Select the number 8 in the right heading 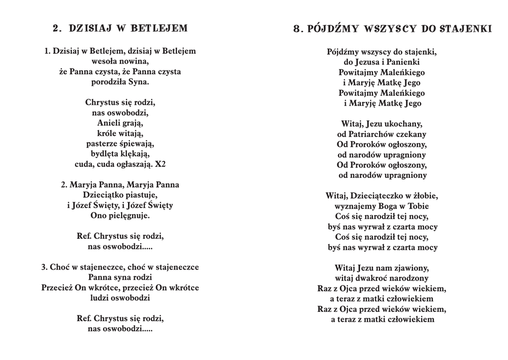click(x=297, y=29)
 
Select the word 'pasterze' click(x=103, y=144)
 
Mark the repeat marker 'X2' click(x=161, y=165)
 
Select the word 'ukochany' click(x=404, y=124)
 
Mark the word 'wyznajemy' click(x=353, y=206)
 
